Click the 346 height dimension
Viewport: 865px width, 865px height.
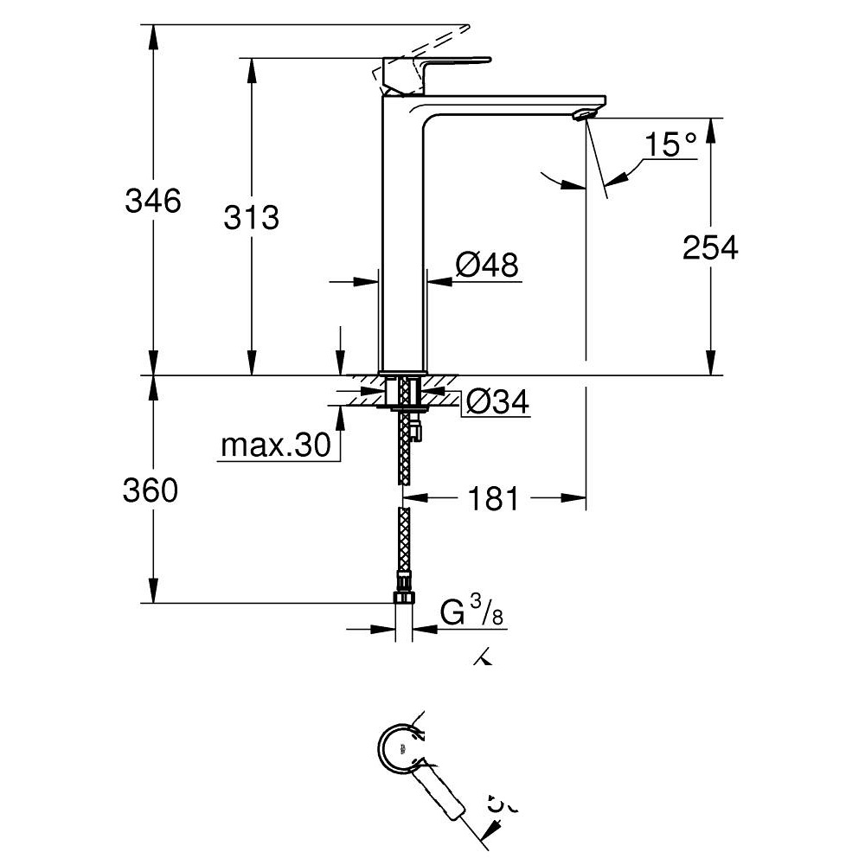point(153,202)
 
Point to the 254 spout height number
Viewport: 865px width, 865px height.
point(710,248)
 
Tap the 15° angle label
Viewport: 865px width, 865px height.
point(670,144)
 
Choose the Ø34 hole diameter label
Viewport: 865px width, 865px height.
point(497,401)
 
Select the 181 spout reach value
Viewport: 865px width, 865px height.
point(493,498)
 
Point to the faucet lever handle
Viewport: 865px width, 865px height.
point(437,66)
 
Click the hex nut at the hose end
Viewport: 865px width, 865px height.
point(404,598)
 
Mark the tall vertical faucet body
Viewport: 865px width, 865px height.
point(403,242)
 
